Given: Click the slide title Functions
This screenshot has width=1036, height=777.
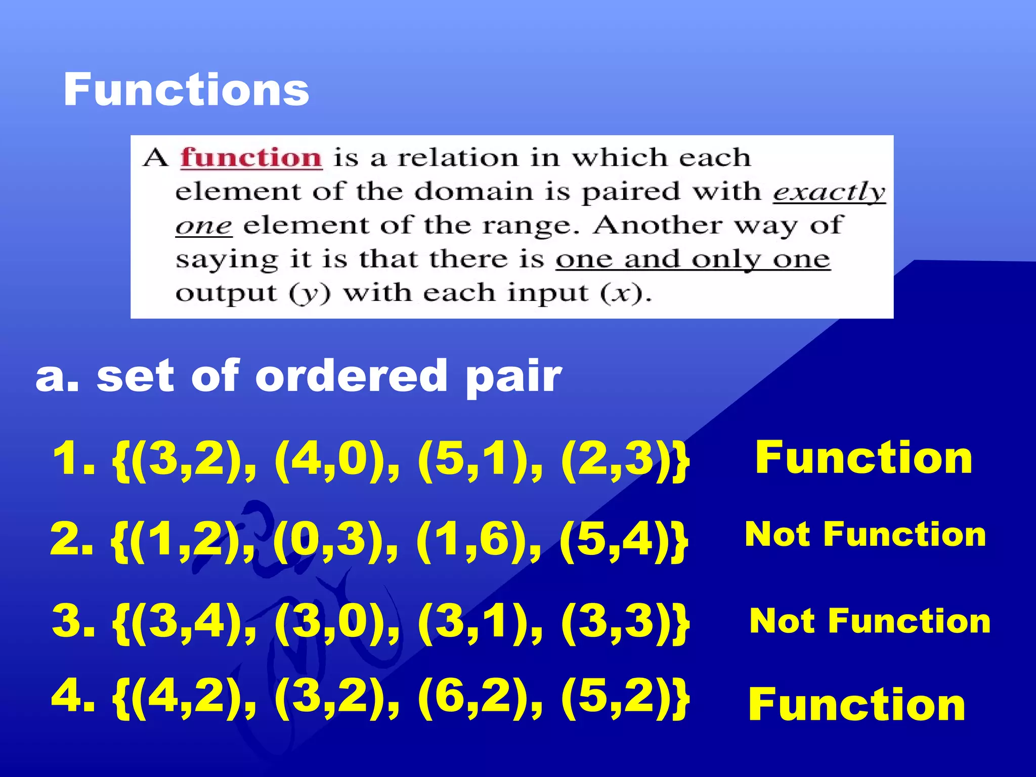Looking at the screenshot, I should [186, 90].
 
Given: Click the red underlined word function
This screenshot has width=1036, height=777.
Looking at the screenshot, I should [251, 157].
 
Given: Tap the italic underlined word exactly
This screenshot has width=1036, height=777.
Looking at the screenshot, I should [829, 192].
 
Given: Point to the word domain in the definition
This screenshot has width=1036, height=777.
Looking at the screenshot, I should [474, 192].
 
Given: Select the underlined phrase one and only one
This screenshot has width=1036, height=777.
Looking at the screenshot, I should [693, 260].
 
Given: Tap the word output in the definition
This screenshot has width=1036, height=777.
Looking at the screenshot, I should [226, 293].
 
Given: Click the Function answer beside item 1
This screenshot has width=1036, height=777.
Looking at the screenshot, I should [864, 457].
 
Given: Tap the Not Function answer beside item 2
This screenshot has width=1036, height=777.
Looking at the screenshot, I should [865, 534].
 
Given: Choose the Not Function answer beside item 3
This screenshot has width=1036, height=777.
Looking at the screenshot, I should [870, 621].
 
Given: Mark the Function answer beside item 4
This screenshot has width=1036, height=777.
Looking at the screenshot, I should [857, 704].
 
